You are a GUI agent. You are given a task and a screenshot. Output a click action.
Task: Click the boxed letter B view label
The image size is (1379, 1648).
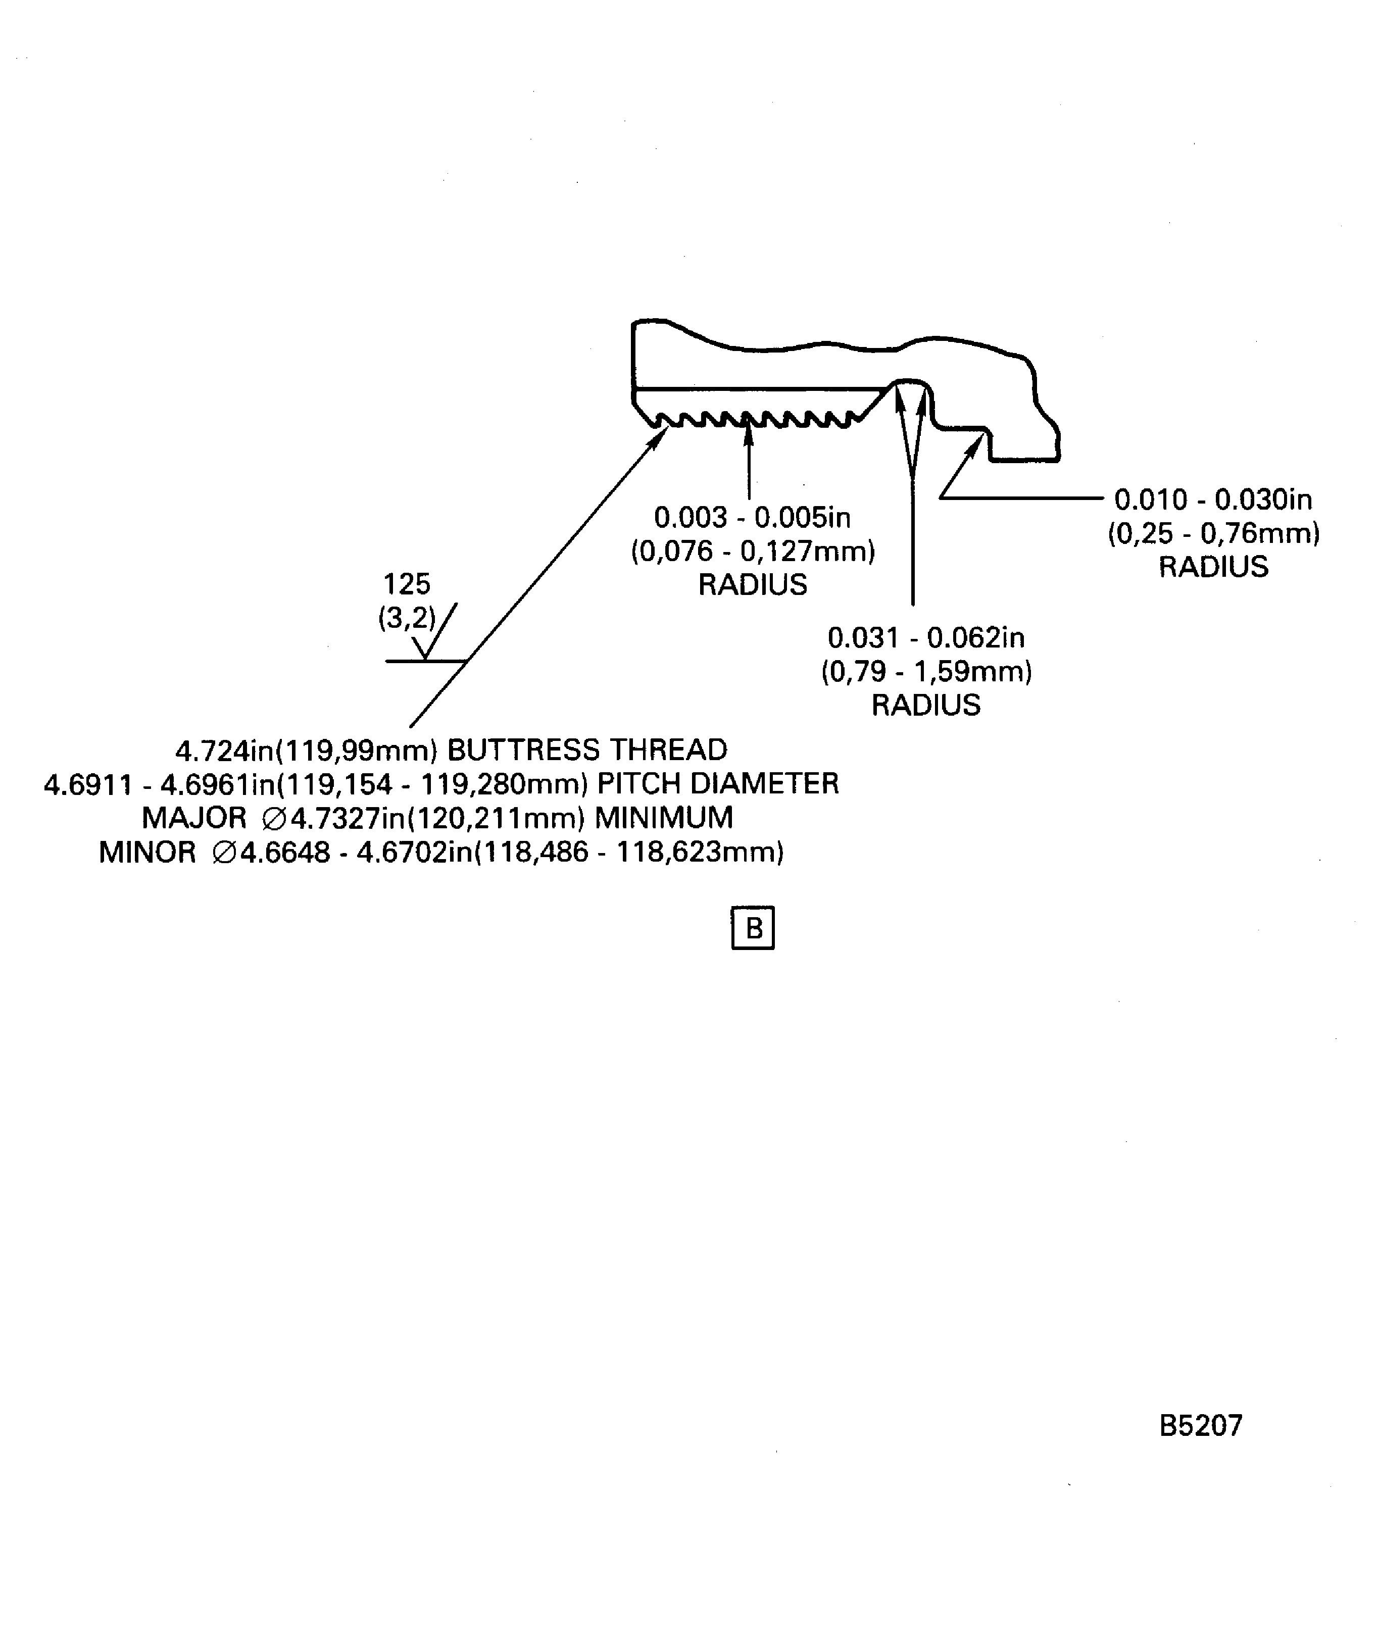pyautogui.click(x=753, y=928)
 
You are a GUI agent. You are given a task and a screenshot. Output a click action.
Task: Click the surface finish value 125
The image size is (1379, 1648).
pyautogui.click(x=407, y=584)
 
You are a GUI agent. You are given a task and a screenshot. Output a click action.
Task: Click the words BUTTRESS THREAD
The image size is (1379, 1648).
pyautogui.click(x=587, y=750)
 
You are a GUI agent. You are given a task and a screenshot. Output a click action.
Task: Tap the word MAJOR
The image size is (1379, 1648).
pyautogui.click(x=194, y=818)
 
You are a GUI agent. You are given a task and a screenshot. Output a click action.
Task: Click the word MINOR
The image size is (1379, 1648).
pyautogui.click(x=147, y=852)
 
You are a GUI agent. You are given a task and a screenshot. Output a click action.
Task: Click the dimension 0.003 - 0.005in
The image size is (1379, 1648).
pyautogui.click(x=752, y=517)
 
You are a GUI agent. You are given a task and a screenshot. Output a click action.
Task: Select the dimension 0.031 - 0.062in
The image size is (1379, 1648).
pyautogui.click(x=926, y=638)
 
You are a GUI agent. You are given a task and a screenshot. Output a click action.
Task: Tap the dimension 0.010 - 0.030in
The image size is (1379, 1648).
pyautogui.click(x=1213, y=499)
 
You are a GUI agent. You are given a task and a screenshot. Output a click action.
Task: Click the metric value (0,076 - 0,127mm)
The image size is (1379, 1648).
pyautogui.click(x=753, y=552)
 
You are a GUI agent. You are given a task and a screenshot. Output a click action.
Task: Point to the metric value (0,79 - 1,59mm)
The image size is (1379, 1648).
pyautogui.click(x=926, y=672)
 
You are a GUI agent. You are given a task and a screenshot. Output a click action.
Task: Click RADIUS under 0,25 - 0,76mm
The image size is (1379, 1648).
pyautogui.click(x=1213, y=567)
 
